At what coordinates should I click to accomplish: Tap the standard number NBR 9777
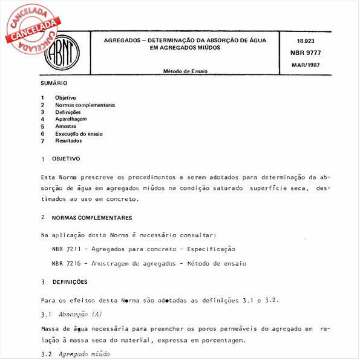[309, 53]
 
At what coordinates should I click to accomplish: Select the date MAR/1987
[309, 64]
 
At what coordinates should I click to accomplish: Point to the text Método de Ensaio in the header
[185, 71]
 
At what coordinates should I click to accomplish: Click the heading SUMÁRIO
[54, 83]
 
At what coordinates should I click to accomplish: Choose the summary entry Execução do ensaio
[79, 134]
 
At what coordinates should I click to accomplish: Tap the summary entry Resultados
[68, 141]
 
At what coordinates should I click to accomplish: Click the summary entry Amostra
[65, 126]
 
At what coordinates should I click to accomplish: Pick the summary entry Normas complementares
[85, 105]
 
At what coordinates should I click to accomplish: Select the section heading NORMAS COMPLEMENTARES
[92, 217]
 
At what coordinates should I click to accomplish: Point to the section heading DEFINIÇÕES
[70, 282]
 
